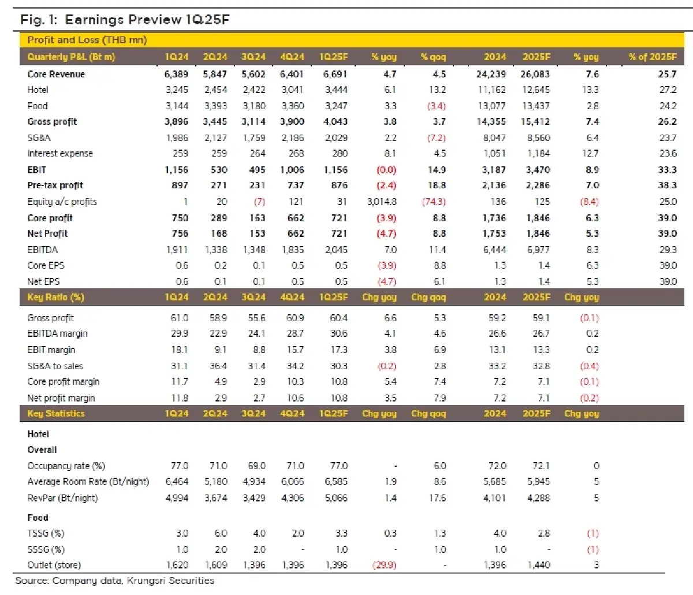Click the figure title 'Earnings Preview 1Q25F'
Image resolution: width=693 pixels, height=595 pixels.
pyautogui.click(x=147, y=20)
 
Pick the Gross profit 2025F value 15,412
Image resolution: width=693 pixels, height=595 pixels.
pyautogui.click(x=536, y=122)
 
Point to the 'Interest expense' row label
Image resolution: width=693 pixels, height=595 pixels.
pyautogui.click(x=60, y=154)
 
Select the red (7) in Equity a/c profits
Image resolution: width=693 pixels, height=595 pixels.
pyautogui.click(x=258, y=202)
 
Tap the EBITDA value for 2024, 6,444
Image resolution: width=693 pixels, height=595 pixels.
pyautogui.click(x=494, y=250)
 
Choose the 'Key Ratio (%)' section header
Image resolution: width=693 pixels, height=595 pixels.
pyautogui.click(x=55, y=297)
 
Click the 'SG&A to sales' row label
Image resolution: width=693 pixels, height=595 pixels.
pyautogui.click(x=55, y=366)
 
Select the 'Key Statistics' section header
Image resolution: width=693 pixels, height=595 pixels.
pyautogui.click(x=55, y=414)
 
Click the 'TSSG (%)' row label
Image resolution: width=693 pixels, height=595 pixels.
pyautogui.click(x=46, y=534)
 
